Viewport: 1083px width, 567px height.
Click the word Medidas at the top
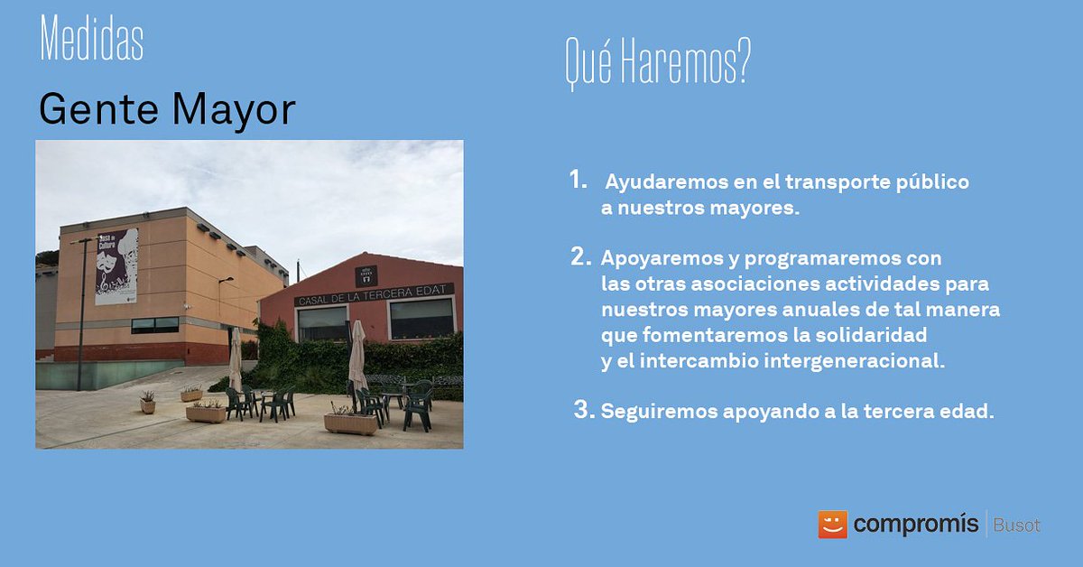click(x=91, y=41)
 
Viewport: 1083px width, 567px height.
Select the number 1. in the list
click(x=579, y=181)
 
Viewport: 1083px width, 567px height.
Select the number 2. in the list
click(x=580, y=256)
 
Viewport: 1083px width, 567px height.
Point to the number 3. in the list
click(x=584, y=411)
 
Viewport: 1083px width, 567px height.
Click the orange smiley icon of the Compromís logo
click(x=832, y=525)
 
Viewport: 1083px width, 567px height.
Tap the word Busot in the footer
click(x=1016, y=525)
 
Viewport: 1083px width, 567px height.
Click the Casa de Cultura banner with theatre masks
click(x=116, y=265)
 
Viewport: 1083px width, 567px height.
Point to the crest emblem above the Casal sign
click(x=366, y=275)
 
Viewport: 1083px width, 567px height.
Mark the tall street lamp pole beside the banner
click(x=81, y=311)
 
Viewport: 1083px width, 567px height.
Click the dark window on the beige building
click(x=154, y=325)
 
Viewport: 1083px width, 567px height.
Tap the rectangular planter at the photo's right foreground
click(x=350, y=423)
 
